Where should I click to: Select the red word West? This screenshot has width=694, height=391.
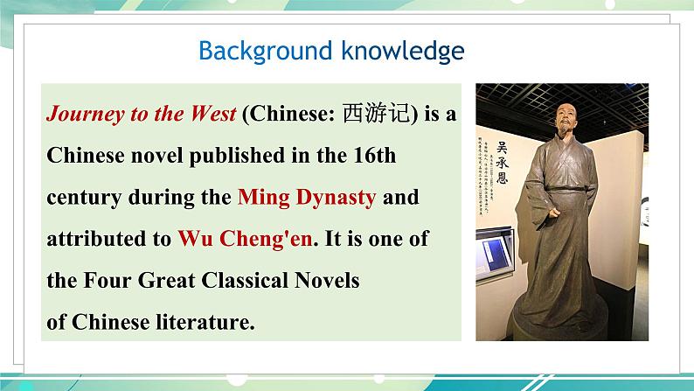point(210,115)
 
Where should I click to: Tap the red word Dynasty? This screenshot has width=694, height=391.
point(333,198)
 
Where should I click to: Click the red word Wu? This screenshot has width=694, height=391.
point(191,238)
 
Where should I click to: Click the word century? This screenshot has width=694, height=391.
point(84,197)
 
